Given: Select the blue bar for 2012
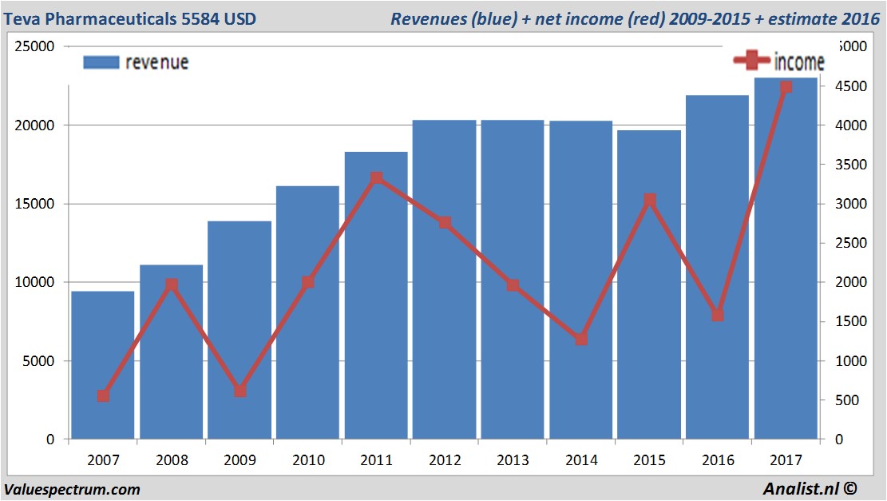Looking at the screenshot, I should click(x=445, y=280).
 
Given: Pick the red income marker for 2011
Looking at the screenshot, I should click(x=377, y=178).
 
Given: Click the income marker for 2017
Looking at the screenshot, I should click(x=786, y=87).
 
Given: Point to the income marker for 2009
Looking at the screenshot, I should click(x=240, y=391).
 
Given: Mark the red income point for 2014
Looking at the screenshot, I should click(x=581, y=339).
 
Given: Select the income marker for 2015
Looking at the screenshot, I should click(x=650, y=200).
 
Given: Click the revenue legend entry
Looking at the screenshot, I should click(x=136, y=62).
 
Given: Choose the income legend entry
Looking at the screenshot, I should click(x=778, y=62).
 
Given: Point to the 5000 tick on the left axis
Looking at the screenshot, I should click(x=38, y=361).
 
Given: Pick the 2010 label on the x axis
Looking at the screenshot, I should click(x=308, y=460).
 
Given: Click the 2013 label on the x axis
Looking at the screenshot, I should click(x=513, y=460).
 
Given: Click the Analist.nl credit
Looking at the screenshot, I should click(x=814, y=489).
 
